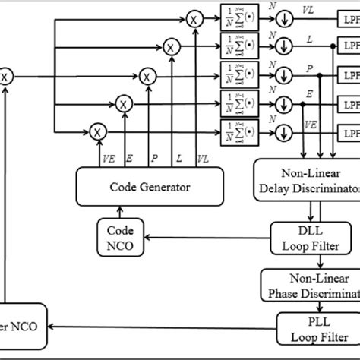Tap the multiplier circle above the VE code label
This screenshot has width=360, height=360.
point(96,131)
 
